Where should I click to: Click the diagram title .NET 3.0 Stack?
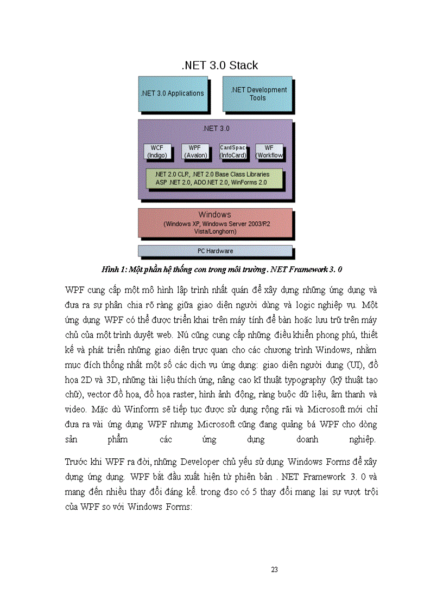pos(219,66)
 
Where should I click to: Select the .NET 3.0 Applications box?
pos(172,93)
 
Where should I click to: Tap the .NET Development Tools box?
pos(257,94)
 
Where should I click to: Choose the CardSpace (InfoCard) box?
pos(233,151)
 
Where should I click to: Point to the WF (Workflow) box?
pos(269,151)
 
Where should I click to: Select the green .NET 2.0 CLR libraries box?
pos(214,179)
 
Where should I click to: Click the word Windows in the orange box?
pos(214,215)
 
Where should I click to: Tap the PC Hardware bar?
pos(215,251)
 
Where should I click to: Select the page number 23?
pos(274,569)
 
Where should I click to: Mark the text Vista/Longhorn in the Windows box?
pos(215,231)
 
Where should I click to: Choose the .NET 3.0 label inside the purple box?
pos(216,129)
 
